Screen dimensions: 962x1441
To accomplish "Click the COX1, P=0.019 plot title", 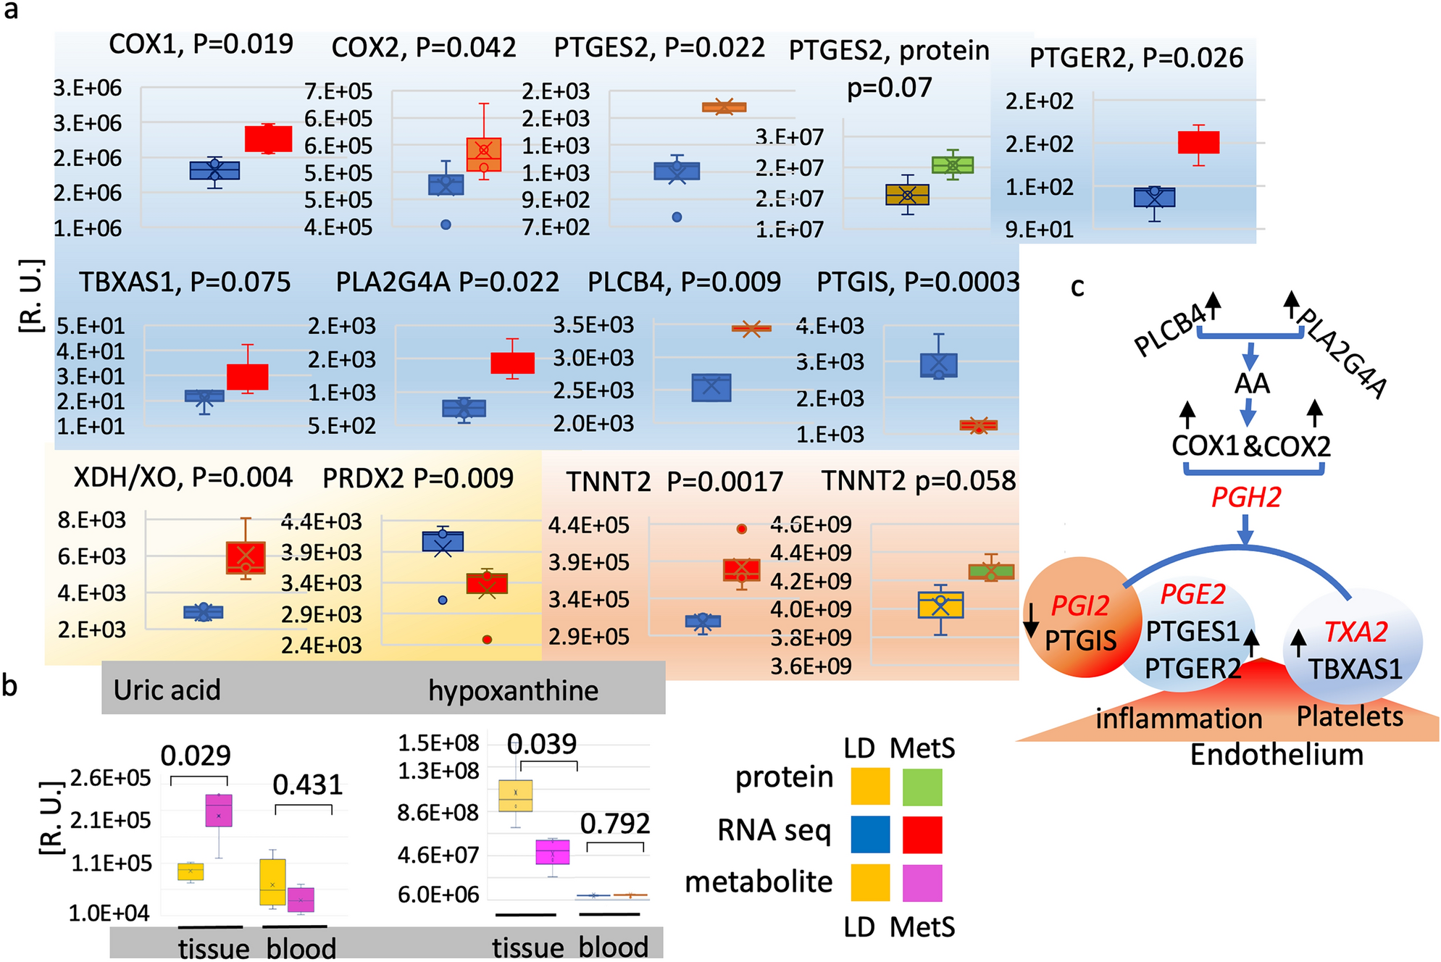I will [x=201, y=44].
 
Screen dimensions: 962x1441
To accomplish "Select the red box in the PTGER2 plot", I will [x=1198, y=142].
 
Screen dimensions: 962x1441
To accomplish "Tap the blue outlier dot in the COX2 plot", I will [x=446, y=225].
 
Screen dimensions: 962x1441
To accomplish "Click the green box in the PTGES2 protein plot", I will [x=952, y=165].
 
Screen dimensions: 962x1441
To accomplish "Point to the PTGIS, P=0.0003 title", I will [x=917, y=282].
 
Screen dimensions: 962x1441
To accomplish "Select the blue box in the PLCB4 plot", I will [x=711, y=388].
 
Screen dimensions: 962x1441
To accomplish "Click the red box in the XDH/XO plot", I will [x=246, y=557].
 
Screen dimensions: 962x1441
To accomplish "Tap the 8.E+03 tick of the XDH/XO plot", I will [x=91, y=520].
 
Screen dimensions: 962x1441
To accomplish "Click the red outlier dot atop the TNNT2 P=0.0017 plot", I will [x=741, y=529].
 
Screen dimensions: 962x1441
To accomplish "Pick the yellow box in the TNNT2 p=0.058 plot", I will [x=940, y=605].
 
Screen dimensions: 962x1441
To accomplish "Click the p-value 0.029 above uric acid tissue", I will [x=196, y=756].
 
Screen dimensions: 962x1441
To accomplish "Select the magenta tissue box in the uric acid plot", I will [x=219, y=811].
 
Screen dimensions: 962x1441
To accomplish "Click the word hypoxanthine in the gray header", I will [x=513, y=690].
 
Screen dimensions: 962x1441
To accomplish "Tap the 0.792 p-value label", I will [x=614, y=824].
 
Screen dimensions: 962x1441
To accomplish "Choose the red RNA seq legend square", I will [x=922, y=835].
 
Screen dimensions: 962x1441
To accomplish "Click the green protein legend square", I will [x=922, y=787].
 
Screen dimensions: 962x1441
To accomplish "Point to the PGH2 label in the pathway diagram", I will [x=1246, y=498].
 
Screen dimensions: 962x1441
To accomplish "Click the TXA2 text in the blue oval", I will [x=1355, y=632].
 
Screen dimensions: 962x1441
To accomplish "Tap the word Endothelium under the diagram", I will [x=1277, y=755].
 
